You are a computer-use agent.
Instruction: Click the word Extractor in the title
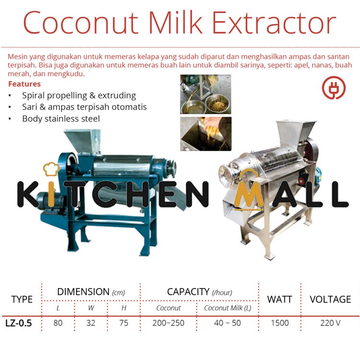[275, 23]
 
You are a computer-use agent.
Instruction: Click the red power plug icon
[334, 87]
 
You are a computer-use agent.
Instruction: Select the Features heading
[24, 84]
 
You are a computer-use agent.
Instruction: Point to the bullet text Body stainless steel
[61, 118]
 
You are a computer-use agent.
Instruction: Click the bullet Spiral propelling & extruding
[79, 96]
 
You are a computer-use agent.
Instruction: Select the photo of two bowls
[205, 94]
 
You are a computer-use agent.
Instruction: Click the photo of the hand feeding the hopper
[205, 133]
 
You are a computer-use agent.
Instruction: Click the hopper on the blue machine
[82, 140]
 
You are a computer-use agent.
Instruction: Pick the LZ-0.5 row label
[19, 323]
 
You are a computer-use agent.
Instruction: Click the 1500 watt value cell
[279, 323]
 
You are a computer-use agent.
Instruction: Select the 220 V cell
[330, 323]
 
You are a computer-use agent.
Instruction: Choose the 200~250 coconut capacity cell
[168, 323]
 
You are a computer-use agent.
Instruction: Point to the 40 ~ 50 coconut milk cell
[228, 323]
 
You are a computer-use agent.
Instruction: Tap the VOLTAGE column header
[330, 299]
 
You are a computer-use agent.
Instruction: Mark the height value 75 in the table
[123, 323]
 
